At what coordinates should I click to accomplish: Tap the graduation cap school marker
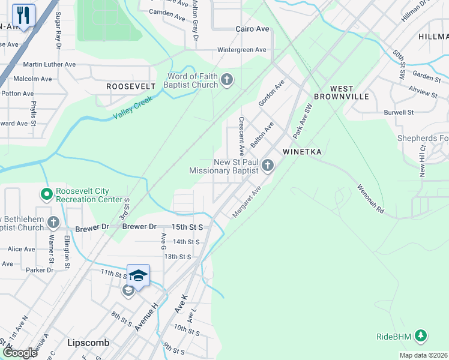click(138, 276)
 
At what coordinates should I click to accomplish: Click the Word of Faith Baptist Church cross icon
click(227, 80)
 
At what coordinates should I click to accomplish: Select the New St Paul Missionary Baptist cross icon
click(268, 165)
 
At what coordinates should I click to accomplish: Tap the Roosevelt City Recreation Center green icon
click(46, 194)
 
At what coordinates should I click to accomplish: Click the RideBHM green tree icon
click(421, 336)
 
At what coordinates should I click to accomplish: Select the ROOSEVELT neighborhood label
click(131, 86)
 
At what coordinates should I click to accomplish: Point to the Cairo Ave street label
click(252, 29)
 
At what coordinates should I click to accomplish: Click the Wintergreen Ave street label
click(241, 50)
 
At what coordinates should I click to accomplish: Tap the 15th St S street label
click(187, 227)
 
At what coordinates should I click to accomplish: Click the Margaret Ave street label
click(248, 202)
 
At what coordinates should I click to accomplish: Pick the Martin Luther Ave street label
click(49, 64)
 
